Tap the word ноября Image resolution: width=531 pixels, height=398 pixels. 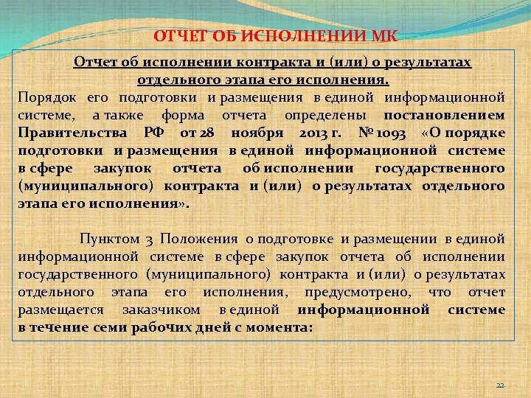274,132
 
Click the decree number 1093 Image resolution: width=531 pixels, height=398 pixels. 398,132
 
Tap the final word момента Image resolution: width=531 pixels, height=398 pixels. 283,327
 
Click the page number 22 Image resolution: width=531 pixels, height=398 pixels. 499,385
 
